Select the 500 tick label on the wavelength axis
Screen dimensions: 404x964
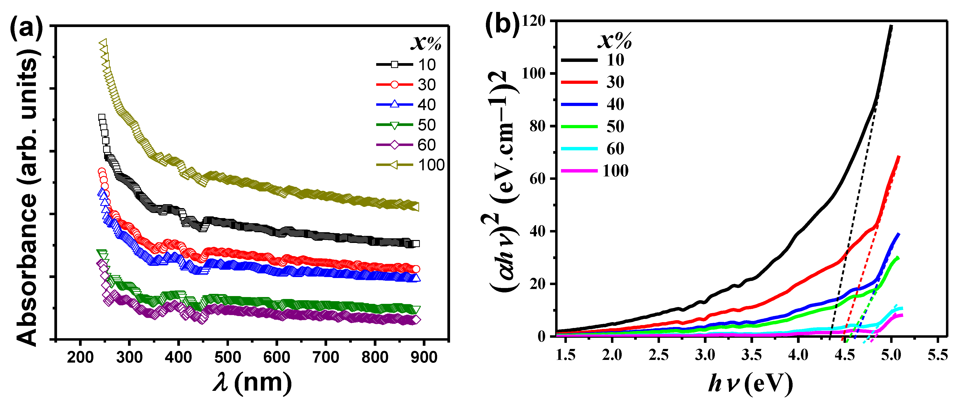click(x=227, y=357)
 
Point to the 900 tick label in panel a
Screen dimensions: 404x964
click(x=424, y=357)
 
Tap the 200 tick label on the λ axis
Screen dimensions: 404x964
click(x=80, y=357)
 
